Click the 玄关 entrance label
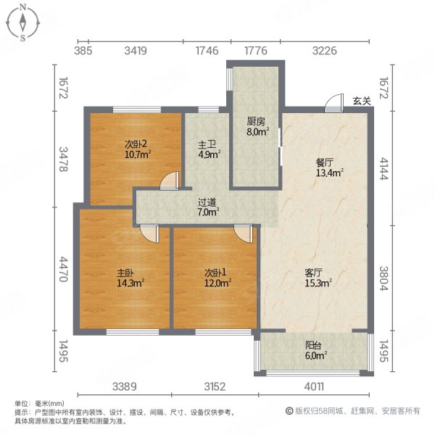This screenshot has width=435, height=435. point(362,101)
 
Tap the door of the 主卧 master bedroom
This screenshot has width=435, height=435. point(149,233)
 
